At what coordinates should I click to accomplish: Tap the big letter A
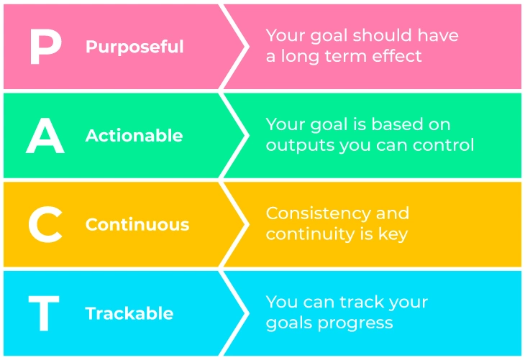tap(45, 136)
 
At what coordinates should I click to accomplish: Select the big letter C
tap(45, 224)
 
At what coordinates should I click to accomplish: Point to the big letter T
tap(44, 313)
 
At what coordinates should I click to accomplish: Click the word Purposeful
tap(134, 47)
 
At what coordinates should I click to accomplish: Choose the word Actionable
tap(134, 136)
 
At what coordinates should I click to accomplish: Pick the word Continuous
tap(137, 224)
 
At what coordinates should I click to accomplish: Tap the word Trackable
tap(129, 313)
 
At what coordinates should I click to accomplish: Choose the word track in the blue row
tap(362, 302)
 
